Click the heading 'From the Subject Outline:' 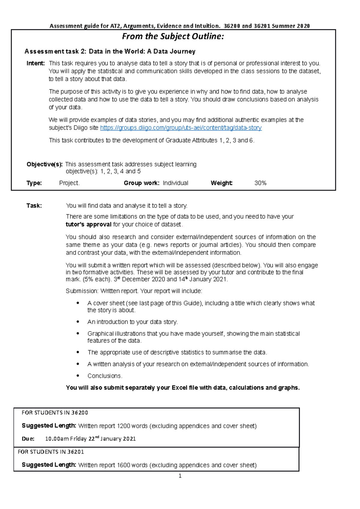click(x=173, y=37)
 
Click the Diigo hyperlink click(x=181, y=128)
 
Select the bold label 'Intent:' click(x=35, y=63)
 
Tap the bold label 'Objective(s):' click(x=44, y=164)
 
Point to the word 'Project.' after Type click(x=69, y=183)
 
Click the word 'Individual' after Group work click(x=175, y=183)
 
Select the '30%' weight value click(x=260, y=183)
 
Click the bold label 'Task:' click(x=34, y=206)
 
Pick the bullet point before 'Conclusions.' click(x=78, y=376)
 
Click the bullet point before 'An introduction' click(x=78, y=322)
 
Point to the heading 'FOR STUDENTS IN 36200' click(x=55, y=413)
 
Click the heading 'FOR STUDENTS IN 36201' click(x=51, y=452)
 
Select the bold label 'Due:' click(x=28, y=439)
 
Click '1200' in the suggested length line click(x=123, y=426)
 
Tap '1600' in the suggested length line click(x=123, y=465)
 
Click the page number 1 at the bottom click(x=180, y=476)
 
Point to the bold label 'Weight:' click(x=221, y=183)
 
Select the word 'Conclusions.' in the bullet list click(x=105, y=376)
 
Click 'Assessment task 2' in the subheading click(x=55, y=52)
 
